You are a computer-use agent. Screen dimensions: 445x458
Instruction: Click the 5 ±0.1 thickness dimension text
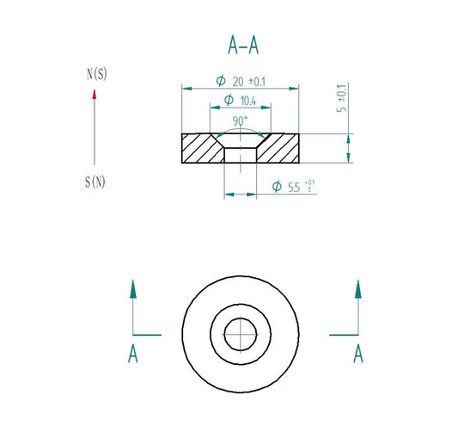[x=341, y=98]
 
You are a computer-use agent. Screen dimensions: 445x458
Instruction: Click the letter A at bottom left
[x=133, y=354]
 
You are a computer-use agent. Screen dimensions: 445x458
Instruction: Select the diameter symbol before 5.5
[x=277, y=186]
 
